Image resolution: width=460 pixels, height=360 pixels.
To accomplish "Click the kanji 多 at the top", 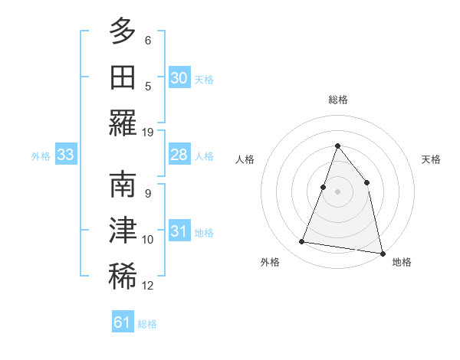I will (123, 31).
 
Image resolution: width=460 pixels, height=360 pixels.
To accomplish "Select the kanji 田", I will (123, 77).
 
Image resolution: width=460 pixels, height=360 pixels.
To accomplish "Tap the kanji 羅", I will (123, 122).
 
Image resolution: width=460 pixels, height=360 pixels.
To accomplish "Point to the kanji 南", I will (123, 186).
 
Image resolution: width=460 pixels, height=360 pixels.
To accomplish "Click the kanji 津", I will (123, 231).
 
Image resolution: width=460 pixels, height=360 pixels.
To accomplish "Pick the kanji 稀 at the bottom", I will (123, 277).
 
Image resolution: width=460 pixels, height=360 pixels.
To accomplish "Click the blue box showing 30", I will (179, 78).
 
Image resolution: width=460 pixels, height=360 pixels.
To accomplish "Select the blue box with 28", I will (179, 155).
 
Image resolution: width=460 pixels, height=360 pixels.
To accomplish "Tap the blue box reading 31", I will (179, 231).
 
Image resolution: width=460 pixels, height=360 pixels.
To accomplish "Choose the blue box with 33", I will (65, 155).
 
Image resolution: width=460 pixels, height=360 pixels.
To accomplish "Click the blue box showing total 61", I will (123, 322).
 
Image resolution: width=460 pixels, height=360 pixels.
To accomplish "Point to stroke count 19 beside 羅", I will (148, 132).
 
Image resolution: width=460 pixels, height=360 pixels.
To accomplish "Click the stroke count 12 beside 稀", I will (148, 286).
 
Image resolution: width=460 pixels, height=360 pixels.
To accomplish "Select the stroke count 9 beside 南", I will (147, 193).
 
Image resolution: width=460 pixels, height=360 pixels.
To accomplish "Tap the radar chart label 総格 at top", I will (337, 100).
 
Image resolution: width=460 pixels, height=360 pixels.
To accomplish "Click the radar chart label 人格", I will (245, 159).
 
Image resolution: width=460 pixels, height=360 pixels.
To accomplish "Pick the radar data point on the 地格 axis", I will (382, 253).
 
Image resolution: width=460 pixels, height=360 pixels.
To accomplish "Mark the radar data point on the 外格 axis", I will (302, 242).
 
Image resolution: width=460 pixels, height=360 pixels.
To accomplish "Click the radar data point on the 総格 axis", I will (337, 146).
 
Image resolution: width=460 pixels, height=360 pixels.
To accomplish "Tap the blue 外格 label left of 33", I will (41, 156).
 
